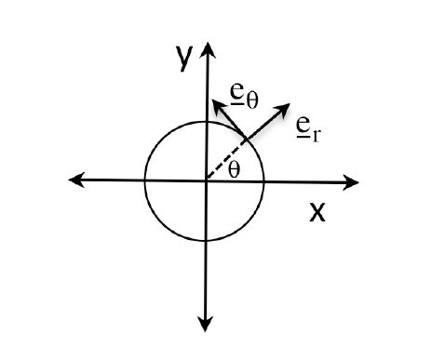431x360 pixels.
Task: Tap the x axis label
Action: click(317, 213)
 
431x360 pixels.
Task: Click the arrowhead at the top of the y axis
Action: click(205, 47)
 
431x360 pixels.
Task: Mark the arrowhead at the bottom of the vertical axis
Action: click(205, 325)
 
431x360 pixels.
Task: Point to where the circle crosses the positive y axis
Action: click(205, 120)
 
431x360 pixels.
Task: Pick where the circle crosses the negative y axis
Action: click(205, 241)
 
